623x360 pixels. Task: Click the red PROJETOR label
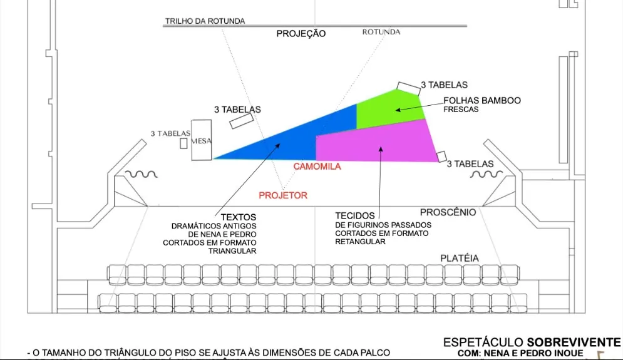coord(283,195)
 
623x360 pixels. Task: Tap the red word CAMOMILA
coord(317,167)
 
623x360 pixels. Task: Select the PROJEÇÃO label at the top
coord(301,34)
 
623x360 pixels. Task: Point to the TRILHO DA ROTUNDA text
coord(205,21)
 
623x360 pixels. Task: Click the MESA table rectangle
coord(202,140)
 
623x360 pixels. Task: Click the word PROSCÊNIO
coord(448,212)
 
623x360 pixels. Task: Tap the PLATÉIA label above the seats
coord(459,258)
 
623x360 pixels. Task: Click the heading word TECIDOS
coord(355,215)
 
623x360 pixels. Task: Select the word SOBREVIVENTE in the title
coord(574,342)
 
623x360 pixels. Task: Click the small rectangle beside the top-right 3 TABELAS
coord(407,88)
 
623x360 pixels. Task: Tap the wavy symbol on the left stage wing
coord(141,174)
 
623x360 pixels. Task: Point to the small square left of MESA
coord(183,143)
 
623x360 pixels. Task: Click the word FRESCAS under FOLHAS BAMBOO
coord(461,110)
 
